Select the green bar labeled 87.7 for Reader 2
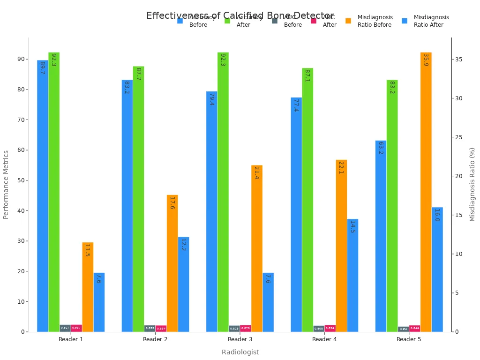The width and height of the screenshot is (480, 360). pyautogui.click(x=138, y=199)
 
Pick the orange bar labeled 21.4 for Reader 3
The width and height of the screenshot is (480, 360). pyautogui.click(x=256, y=248)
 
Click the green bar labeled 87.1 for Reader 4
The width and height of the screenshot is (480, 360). pyautogui.click(x=307, y=200)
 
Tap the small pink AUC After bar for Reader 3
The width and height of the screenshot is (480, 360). pyautogui.click(x=245, y=328)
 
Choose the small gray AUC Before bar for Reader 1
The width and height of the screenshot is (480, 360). pyautogui.click(x=65, y=328)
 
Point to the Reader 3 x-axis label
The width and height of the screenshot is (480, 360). pyautogui.click(x=240, y=339)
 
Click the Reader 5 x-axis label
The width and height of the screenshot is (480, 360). pyautogui.click(x=409, y=339)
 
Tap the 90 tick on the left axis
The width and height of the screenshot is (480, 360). pyautogui.click(x=21, y=59)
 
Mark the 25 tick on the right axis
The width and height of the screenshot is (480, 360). pyautogui.click(x=459, y=137)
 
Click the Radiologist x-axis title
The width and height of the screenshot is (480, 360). pyautogui.click(x=240, y=352)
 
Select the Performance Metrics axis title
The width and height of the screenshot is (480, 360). pyautogui.click(x=6, y=185)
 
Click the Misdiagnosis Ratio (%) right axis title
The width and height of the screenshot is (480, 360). pyautogui.click(x=472, y=185)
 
